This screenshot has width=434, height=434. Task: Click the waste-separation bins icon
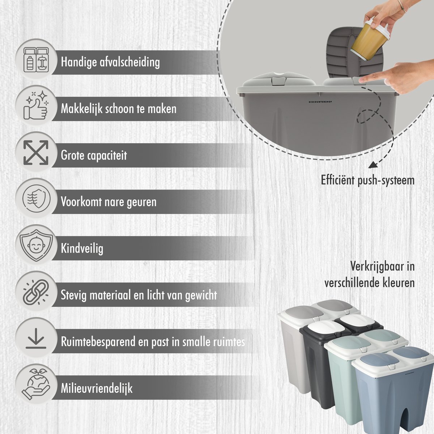click(36, 60)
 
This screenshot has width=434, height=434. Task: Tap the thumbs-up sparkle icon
click(36, 105)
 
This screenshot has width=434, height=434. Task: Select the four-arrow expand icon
click(36, 152)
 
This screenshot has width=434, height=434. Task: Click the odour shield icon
click(36, 199)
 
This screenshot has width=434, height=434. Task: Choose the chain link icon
click(36, 292)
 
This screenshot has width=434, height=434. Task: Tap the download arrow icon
click(36, 339)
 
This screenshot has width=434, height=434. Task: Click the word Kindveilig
click(82, 248)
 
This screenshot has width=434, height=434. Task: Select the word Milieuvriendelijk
click(97, 388)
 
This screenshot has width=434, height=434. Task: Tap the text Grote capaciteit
click(94, 156)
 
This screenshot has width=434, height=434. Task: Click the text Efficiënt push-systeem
click(367, 180)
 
